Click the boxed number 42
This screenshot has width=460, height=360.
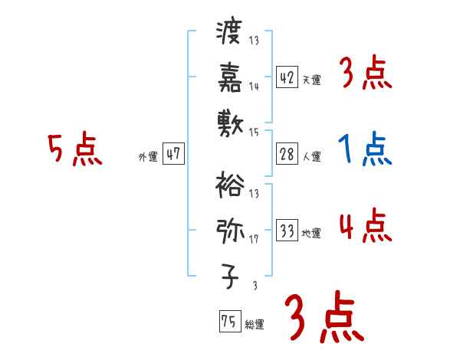pos(287,77)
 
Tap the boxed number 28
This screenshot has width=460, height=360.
pos(287,154)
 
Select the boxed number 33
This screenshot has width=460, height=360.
pos(287,231)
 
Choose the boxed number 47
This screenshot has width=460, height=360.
pos(173,154)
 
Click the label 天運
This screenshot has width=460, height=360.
pos(312,80)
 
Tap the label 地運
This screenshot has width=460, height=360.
pos(312,234)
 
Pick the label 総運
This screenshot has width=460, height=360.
pos(255,325)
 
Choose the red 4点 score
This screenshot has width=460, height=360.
pos(365,227)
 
